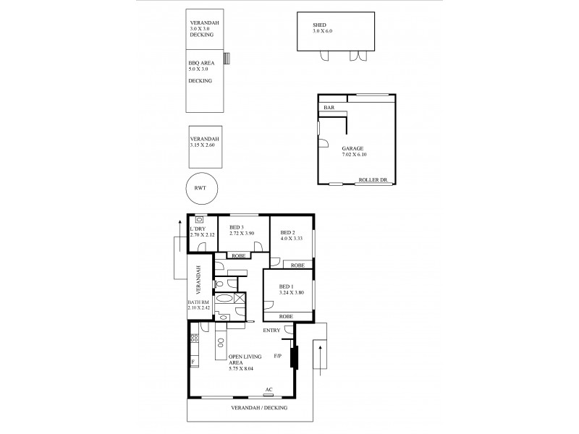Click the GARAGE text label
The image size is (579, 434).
coord(353,148)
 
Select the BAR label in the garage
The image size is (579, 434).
coord(329,108)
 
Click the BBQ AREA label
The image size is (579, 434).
coord(201,63)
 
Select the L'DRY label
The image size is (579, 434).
coord(198,229)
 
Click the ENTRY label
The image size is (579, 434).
coord(272,331)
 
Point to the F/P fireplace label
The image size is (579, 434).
coord(279,357)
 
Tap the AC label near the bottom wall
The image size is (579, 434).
coord(269,389)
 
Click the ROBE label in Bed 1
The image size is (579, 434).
coord(285,317)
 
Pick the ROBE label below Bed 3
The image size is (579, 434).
coord(237,255)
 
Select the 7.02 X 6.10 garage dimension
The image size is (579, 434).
coord(354,154)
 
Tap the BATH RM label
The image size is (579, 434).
coord(198,302)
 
